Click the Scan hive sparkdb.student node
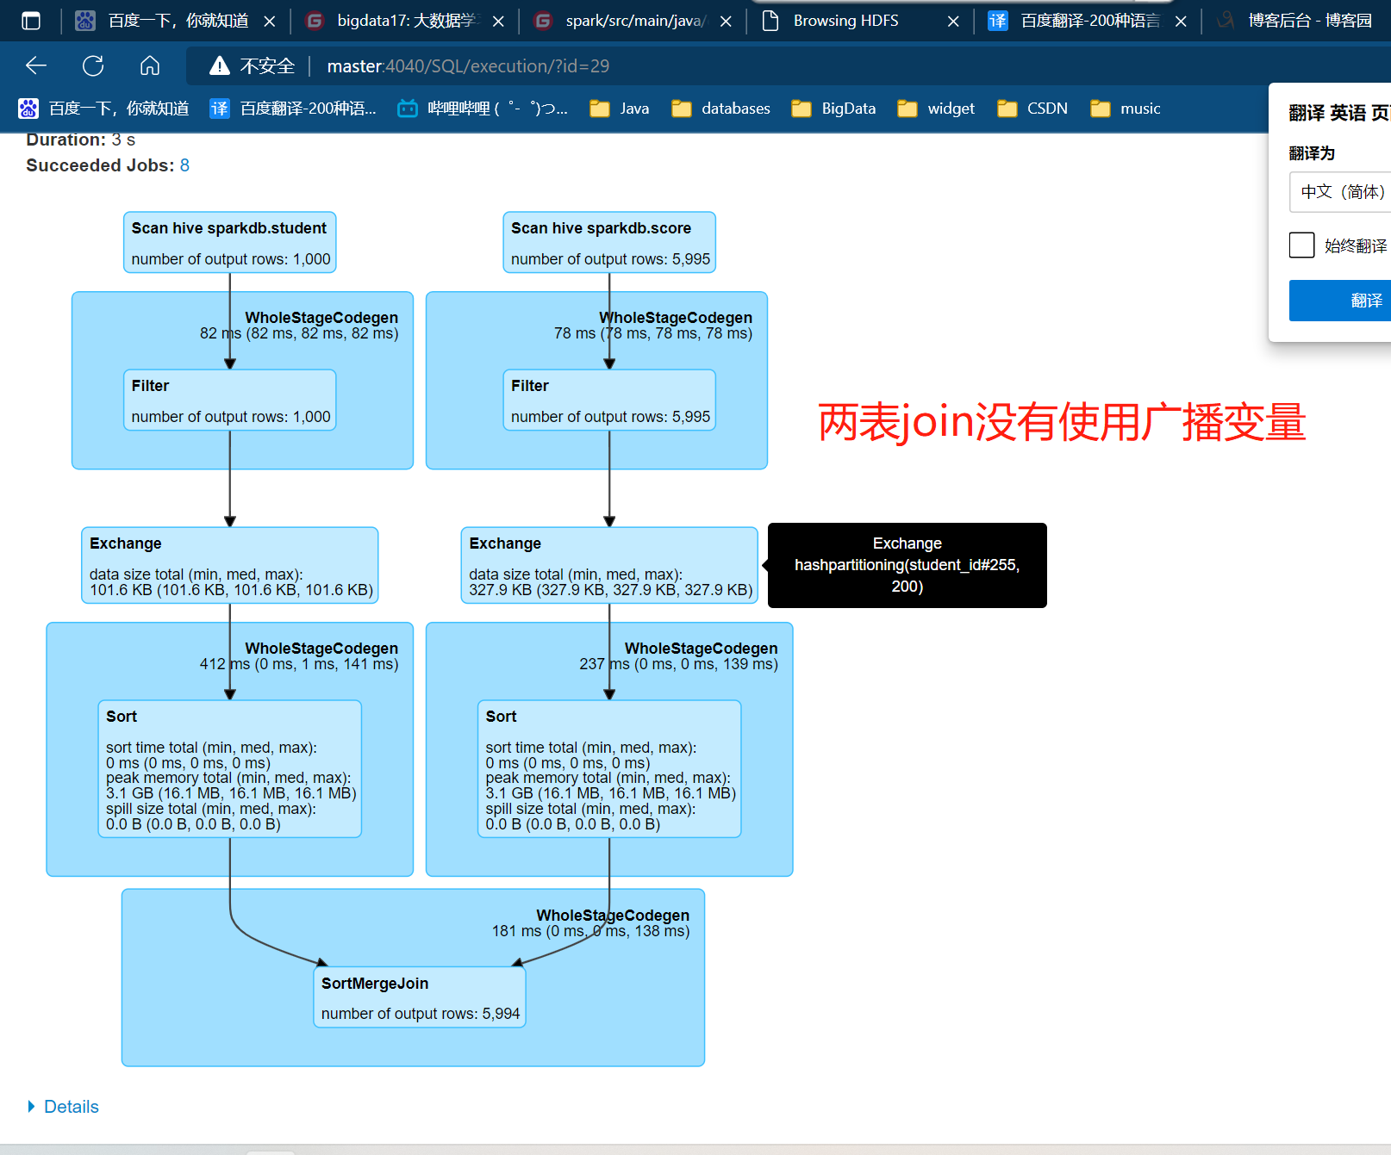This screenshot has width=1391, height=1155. coord(229,242)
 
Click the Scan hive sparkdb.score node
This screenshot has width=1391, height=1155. coord(608,242)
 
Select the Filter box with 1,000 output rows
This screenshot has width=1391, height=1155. coord(229,400)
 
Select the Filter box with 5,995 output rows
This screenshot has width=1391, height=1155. coord(608,400)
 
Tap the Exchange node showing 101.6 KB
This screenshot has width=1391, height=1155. coord(229,565)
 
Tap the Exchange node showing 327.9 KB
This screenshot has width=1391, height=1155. coord(608,565)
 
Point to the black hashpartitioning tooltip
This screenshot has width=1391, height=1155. coord(907,565)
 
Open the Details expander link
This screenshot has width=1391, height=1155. coord(71,1107)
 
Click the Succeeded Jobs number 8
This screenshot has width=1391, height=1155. coord(184,165)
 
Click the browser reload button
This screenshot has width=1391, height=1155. coord(93,65)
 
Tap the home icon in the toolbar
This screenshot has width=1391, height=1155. coord(150,65)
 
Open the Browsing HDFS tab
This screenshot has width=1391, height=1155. coord(845,21)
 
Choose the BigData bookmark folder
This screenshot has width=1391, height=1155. coord(834,109)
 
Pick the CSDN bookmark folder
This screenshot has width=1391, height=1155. coord(1032,109)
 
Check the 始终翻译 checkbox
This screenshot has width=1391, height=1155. coord(1301,245)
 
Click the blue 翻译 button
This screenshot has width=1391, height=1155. coord(1344,301)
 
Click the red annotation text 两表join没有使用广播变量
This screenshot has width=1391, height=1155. coord(1062,423)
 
